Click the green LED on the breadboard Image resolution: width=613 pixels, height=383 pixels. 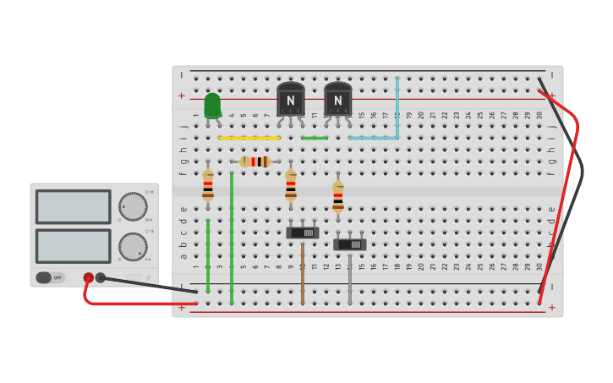pos(212,105)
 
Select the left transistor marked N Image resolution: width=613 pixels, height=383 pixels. pos(290,99)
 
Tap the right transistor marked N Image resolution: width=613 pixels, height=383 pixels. pos(337,99)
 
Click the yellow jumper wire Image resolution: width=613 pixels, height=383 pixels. pos(249,138)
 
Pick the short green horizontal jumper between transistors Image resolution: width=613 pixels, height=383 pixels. pos(315,138)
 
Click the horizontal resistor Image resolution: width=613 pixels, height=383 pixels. pos(255,161)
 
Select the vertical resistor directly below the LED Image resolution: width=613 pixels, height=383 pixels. pos(208,185)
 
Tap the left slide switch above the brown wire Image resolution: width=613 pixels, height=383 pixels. pos(302,233)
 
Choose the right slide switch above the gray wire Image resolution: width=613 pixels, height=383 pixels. pos(349,244)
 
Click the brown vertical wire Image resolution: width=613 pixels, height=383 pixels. pos(302,272)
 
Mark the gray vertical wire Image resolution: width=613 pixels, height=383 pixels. pos(349,278)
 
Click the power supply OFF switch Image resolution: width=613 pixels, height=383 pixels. pos(50,277)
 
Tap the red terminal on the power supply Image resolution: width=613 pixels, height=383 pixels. pos(88,277)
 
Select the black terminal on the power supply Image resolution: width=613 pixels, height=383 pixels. pos(101,277)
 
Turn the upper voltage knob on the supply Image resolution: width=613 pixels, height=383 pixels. pos(133,206)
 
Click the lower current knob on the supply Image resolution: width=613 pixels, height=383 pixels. pos(133,247)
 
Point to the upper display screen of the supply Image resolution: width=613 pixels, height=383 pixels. pos(73,206)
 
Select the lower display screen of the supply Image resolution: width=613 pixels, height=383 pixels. pos(73,246)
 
